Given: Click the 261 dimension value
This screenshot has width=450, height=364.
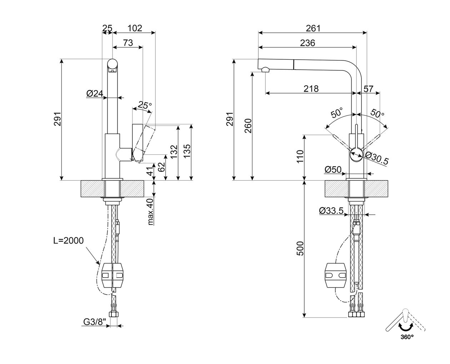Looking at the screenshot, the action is tap(313, 28).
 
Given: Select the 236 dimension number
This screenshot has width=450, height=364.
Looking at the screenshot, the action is tap(307, 43).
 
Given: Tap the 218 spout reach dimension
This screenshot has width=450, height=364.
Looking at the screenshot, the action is tap(311, 89).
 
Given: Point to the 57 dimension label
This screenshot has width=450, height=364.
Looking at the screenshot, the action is tap(369, 89).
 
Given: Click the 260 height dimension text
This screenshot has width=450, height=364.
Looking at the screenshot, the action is tap(248, 126).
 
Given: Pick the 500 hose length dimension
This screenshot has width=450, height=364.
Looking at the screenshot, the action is tap(300, 248).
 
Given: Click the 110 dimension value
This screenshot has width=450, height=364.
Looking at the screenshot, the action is tap(300, 156).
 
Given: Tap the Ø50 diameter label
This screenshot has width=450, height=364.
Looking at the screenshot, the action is tap(333, 170).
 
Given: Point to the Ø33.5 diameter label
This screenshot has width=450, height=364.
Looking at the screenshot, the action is tap(331, 211).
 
